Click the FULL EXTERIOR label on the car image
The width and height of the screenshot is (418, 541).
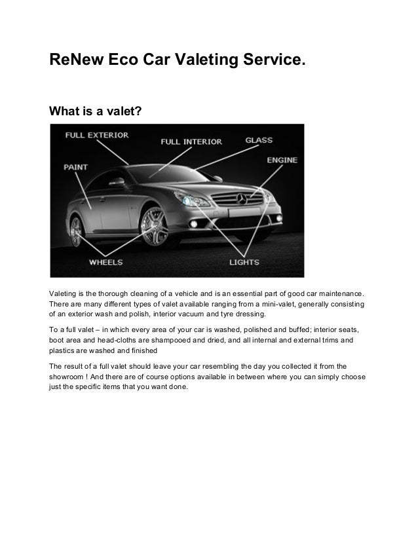click(x=97, y=136)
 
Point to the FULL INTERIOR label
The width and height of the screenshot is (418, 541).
click(x=191, y=141)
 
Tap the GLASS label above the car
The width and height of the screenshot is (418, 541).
click(x=259, y=140)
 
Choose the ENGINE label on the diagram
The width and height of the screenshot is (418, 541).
click(x=282, y=159)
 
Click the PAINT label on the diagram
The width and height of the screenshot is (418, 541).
click(x=76, y=167)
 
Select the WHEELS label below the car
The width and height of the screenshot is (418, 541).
click(x=105, y=262)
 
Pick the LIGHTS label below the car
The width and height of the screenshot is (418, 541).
click(x=244, y=262)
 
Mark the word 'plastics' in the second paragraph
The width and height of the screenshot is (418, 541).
click(x=64, y=352)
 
